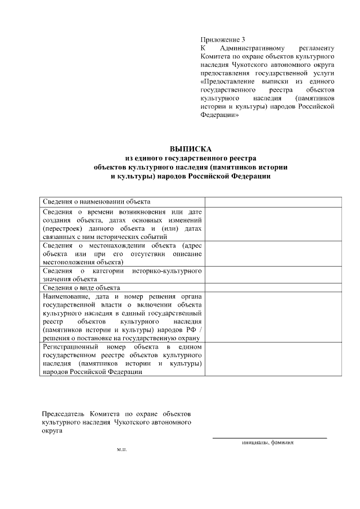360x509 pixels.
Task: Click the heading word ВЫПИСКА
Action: tap(191, 149)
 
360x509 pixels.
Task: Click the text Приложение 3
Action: tap(223, 40)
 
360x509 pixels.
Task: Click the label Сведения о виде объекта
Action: tap(81, 287)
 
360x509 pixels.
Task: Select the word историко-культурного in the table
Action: tap(167, 271)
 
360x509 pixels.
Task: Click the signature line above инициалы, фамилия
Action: tap(269, 438)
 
